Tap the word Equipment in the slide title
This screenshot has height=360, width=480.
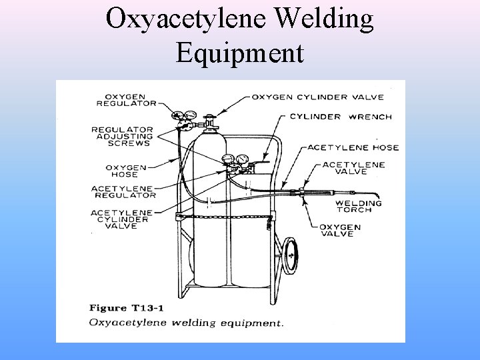click(x=240, y=52)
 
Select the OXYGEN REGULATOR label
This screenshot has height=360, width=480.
click(x=126, y=100)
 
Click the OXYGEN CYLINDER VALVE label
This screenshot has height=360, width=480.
click(x=317, y=97)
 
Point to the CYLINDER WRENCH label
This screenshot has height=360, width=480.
click(x=341, y=116)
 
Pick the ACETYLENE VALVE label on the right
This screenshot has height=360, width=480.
click(x=353, y=167)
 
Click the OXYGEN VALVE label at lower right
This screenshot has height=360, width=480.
click(x=340, y=231)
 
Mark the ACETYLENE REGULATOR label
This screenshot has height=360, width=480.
click(x=123, y=191)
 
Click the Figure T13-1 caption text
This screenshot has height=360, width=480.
click(x=127, y=308)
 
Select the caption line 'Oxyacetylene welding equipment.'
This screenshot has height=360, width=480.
click(x=186, y=323)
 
